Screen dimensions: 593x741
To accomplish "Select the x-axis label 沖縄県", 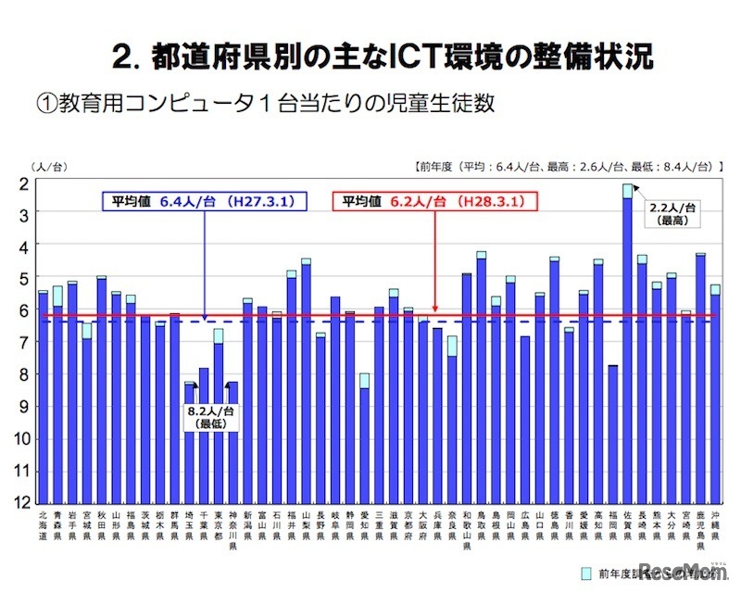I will (715, 524).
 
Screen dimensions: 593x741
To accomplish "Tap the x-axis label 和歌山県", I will (467, 529).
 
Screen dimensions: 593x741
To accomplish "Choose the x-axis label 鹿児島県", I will (700, 529).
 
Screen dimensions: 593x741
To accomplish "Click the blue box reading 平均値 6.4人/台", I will (204, 201).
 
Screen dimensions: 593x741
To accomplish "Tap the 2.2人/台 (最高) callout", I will (672, 214).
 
